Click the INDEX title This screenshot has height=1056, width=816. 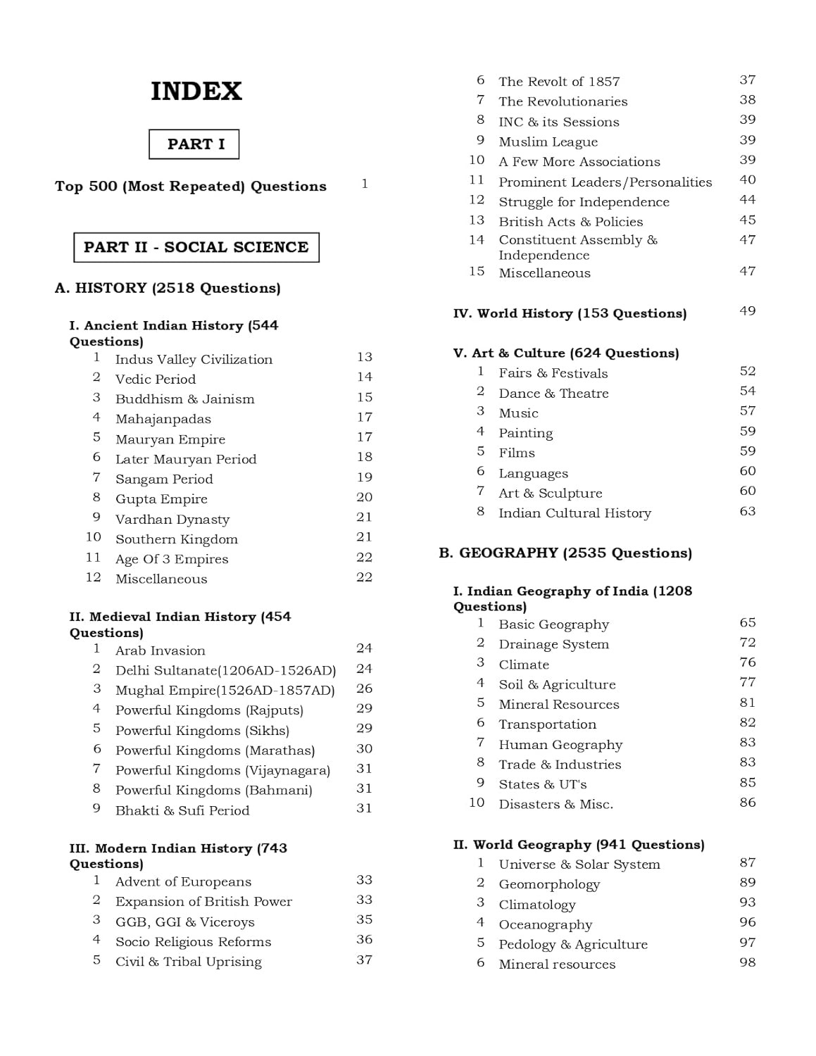[x=196, y=92]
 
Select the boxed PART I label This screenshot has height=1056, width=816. [x=194, y=144]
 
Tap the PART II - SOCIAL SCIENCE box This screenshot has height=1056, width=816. [x=196, y=247]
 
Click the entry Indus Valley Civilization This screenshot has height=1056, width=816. [x=194, y=359]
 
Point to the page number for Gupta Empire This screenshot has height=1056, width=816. [x=364, y=497]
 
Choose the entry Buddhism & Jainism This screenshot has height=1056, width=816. [x=184, y=399]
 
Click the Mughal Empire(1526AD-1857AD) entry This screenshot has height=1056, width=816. [x=225, y=690]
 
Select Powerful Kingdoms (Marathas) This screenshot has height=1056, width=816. [x=215, y=750]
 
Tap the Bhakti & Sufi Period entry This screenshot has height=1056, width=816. [x=182, y=810]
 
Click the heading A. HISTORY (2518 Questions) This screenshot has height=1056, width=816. [x=168, y=288]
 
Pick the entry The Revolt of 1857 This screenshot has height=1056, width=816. [x=559, y=82]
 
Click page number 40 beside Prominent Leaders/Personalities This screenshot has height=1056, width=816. [x=747, y=180]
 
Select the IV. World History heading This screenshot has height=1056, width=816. [x=570, y=313]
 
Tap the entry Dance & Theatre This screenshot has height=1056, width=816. [x=553, y=394]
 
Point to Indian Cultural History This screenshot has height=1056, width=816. [x=575, y=513]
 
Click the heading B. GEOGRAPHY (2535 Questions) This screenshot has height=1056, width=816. [x=565, y=553]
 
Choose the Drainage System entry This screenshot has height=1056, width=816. [x=553, y=644]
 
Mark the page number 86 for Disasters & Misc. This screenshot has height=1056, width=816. [x=747, y=803]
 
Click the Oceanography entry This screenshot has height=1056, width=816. [x=545, y=924]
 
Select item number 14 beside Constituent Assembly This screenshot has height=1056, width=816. [x=477, y=240]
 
